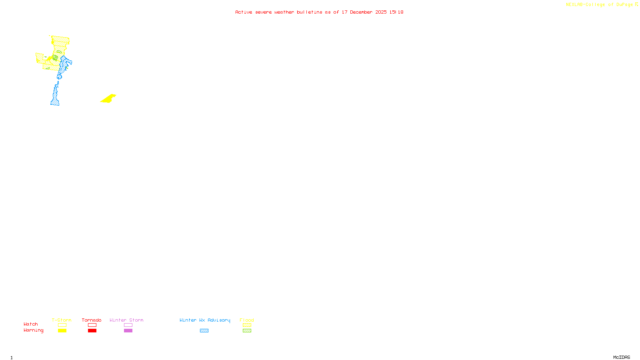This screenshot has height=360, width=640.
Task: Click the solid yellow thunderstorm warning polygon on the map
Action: click(x=108, y=99)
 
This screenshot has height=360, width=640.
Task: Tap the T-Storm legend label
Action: click(x=62, y=320)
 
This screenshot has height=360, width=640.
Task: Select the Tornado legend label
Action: click(x=92, y=320)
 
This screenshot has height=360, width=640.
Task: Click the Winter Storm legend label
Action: click(x=126, y=320)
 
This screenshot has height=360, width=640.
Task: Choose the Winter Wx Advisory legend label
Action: click(x=205, y=320)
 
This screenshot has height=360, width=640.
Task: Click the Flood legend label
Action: click(x=247, y=320)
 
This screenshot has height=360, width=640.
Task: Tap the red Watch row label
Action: click(x=31, y=324)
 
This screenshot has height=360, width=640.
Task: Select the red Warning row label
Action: click(x=34, y=330)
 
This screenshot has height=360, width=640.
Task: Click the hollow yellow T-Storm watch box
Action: click(x=62, y=325)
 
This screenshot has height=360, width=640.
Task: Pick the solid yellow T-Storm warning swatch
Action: click(x=62, y=331)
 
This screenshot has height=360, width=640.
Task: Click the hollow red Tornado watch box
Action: click(x=92, y=325)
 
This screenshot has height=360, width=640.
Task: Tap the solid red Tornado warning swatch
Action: click(x=92, y=331)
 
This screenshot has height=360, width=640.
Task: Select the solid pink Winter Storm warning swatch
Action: click(x=128, y=331)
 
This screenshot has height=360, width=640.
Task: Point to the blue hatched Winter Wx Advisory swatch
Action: click(x=204, y=331)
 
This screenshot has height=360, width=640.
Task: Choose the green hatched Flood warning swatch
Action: click(x=247, y=331)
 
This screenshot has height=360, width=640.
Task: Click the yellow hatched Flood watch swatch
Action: click(x=247, y=325)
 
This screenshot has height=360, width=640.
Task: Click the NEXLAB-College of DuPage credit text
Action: click(x=600, y=5)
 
